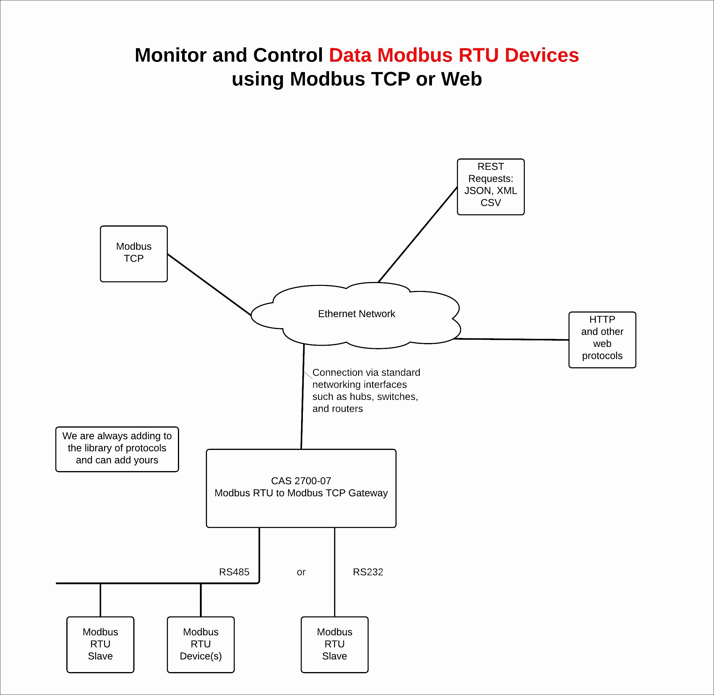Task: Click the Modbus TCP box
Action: click(134, 254)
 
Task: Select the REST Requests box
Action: click(491, 187)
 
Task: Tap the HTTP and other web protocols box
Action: click(602, 340)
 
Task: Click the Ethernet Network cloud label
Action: click(357, 314)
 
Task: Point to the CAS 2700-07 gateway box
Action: click(301, 488)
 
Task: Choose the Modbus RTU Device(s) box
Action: click(201, 645)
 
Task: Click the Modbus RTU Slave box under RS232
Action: click(335, 645)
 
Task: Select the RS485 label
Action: click(234, 572)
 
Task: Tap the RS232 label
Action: click(368, 572)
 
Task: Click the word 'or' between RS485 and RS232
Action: click(301, 572)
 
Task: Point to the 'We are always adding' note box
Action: click(117, 449)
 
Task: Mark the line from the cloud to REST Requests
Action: click(417, 235)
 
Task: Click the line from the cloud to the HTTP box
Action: click(511, 339)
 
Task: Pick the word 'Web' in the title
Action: click(461, 79)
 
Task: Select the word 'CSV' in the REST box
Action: click(491, 202)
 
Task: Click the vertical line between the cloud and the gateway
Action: click(303, 396)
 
